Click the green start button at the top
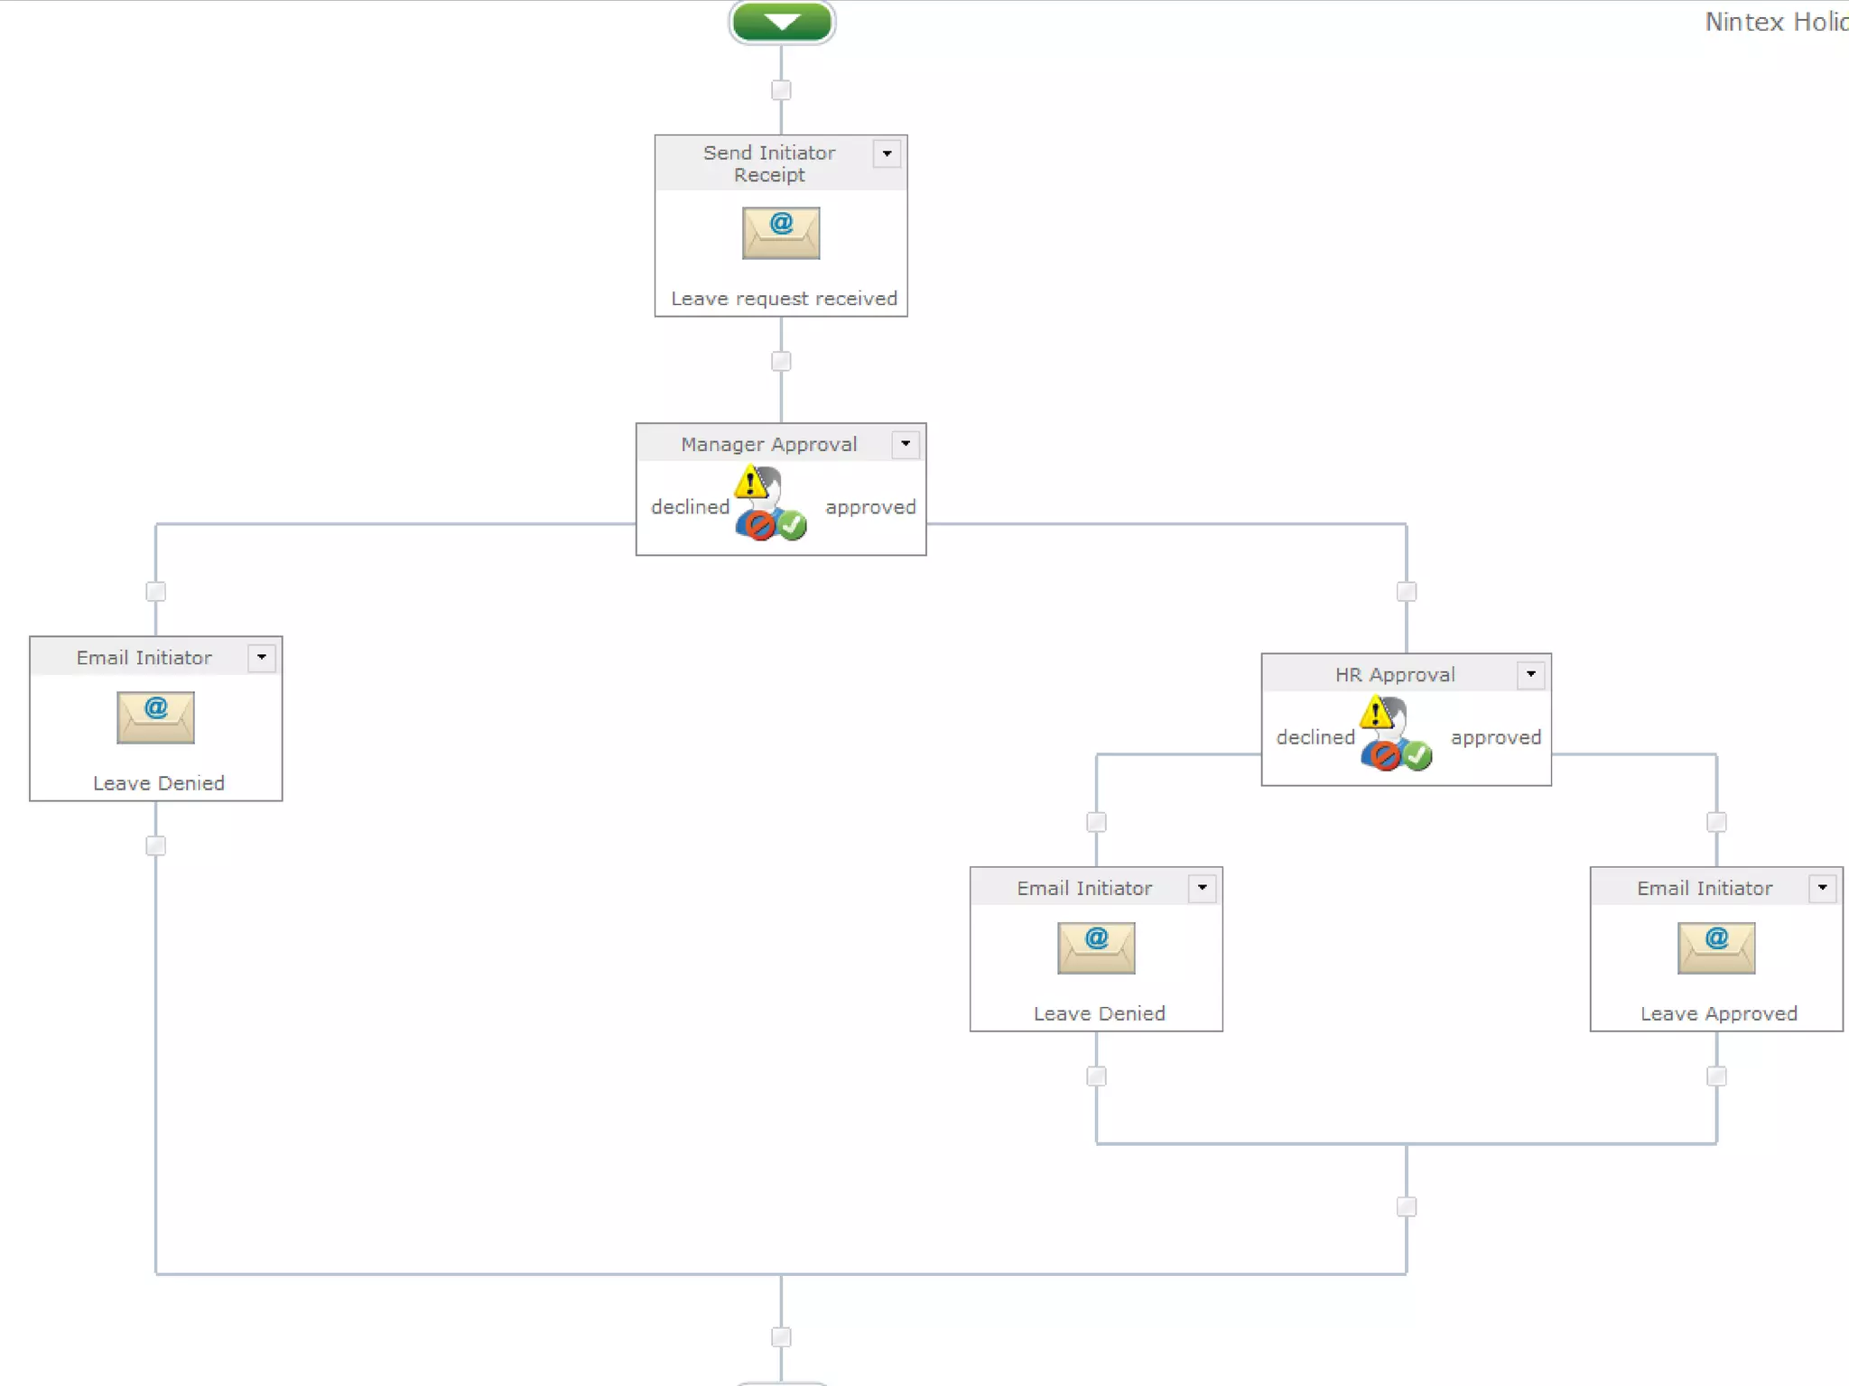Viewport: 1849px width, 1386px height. [x=782, y=22]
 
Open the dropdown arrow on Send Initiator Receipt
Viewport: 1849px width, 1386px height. [x=887, y=154]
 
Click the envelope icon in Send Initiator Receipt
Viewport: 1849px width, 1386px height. [x=781, y=233]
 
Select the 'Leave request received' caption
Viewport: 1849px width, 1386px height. [x=784, y=299]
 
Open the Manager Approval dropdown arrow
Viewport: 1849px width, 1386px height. [x=906, y=444]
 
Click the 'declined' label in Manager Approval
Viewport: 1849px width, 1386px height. [x=690, y=507]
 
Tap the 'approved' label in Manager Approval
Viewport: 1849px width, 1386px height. [x=870, y=507]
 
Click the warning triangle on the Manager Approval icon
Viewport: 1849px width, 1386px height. [x=749, y=483]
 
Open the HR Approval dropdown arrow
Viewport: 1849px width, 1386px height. [x=1531, y=674]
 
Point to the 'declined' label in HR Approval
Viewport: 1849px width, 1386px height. [x=1315, y=737]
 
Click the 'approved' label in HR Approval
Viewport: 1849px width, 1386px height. [x=1496, y=737]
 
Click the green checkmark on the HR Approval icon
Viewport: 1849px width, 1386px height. [x=1417, y=755]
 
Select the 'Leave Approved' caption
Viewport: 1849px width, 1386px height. [x=1719, y=1013]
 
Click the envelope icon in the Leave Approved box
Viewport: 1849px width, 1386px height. [x=1716, y=947]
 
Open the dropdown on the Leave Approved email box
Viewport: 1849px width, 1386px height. [x=1823, y=888]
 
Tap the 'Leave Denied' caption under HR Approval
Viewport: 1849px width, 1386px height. [x=1099, y=1013]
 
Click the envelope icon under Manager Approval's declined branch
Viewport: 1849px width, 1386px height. [x=155, y=717]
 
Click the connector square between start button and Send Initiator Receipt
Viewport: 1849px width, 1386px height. [x=781, y=90]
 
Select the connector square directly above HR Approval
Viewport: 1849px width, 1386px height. [x=1407, y=592]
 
